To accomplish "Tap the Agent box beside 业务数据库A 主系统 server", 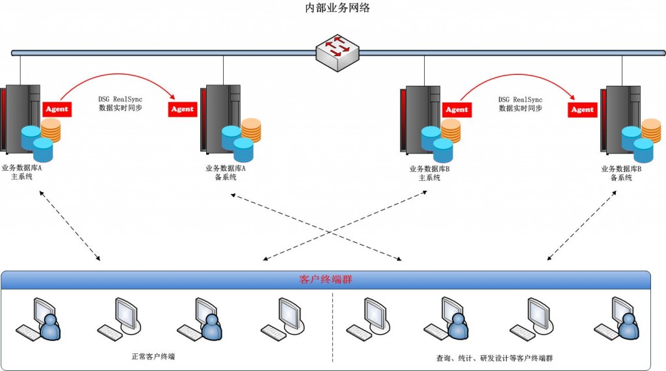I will [x=57, y=109].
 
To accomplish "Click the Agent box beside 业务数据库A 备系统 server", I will [x=182, y=109].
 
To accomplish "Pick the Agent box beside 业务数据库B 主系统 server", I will [x=457, y=109].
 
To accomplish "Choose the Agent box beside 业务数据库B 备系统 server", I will [x=582, y=109].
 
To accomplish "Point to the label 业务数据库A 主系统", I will [x=22, y=172].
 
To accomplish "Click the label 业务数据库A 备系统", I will [x=226, y=172].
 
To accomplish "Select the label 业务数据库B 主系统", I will [x=430, y=172].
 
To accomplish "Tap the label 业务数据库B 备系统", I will [x=621, y=172].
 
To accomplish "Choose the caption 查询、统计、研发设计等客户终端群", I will [x=495, y=358].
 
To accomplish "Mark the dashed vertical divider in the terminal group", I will [x=333, y=325].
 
